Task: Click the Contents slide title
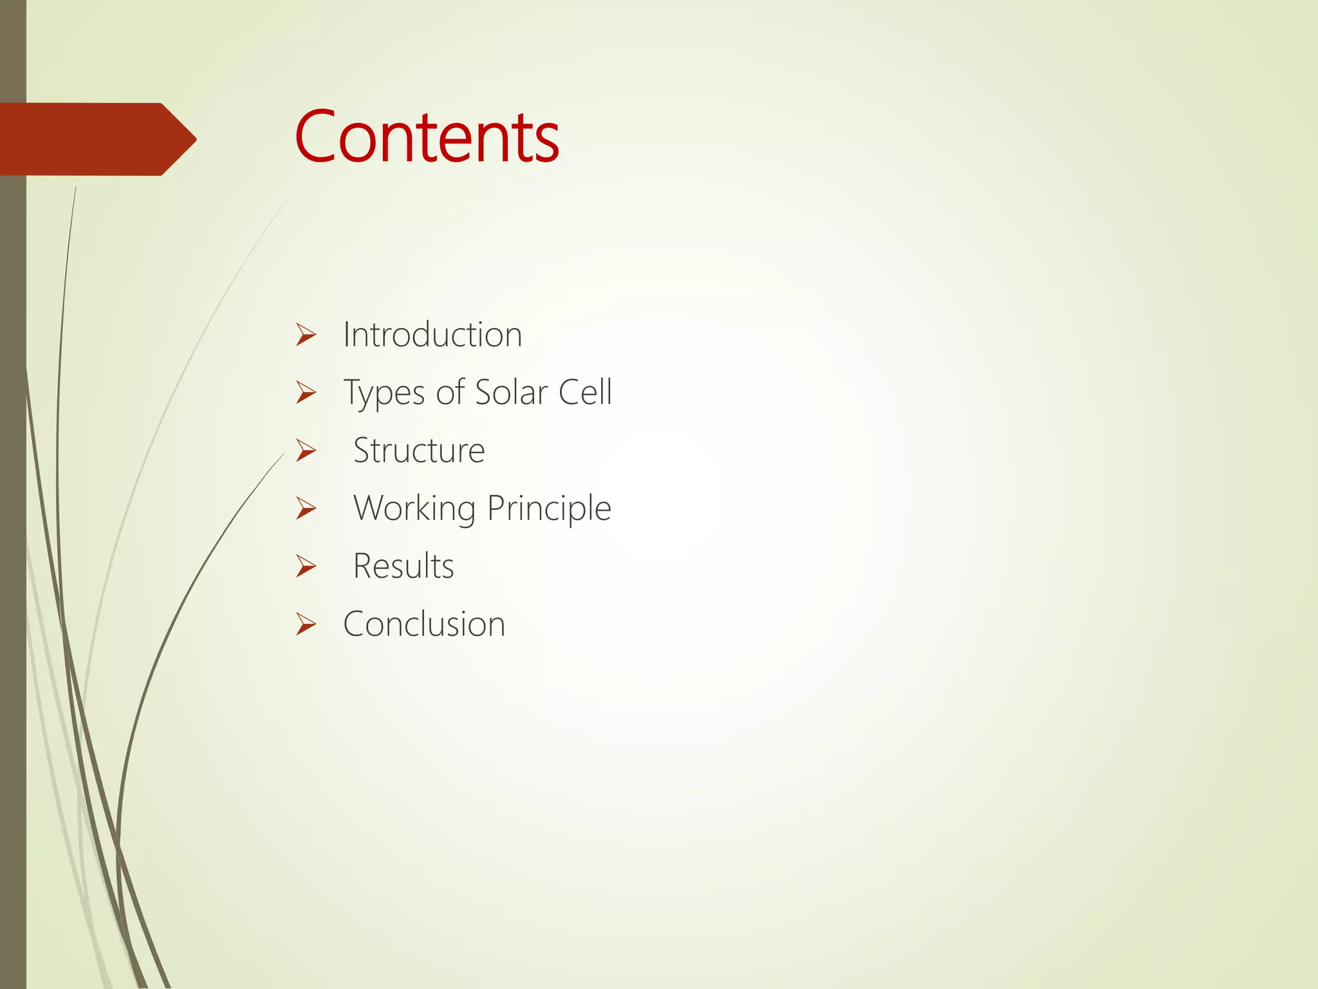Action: pyautogui.click(x=427, y=137)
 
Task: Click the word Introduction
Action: pyautogui.click(x=432, y=335)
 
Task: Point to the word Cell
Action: pyautogui.click(x=584, y=392)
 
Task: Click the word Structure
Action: pyautogui.click(x=419, y=450)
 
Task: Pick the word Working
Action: pyautogui.click(x=414, y=509)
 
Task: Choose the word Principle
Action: pyautogui.click(x=548, y=509)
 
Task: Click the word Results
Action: pyautogui.click(x=404, y=566)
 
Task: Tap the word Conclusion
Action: pyautogui.click(x=424, y=624)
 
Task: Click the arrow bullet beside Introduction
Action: pyautogui.click(x=306, y=335)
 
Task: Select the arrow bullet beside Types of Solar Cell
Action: pyautogui.click(x=306, y=393)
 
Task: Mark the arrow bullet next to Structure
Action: pyautogui.click(x=306, y=451)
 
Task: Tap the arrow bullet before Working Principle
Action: pyautogui.click(x=306, y=509)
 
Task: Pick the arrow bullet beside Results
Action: pyautogui.click(x=306, y=567)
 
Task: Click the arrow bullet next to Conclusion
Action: pyautogui.click(x=306, y=625)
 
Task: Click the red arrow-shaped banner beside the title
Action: pyautogui.click(x=90, y=139)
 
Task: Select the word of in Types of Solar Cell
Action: pyautogui.click(x=449, y=392)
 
